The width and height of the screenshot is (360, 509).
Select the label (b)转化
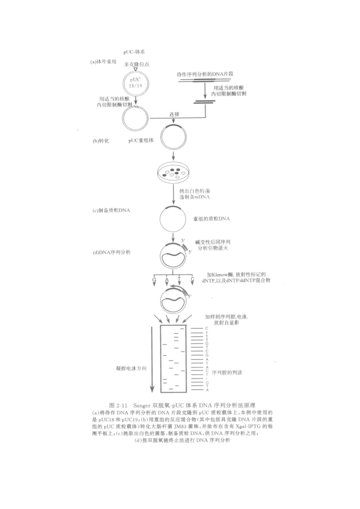point(100,141)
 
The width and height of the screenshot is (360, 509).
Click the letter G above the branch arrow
point(154,280)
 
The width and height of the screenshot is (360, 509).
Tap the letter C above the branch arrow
point(192,280)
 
